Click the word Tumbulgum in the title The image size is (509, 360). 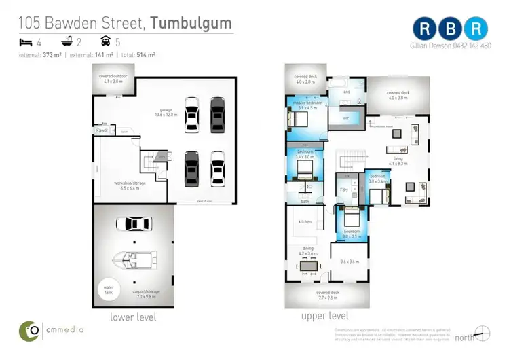[x=191, y=22]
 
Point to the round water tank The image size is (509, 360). [x=107, y=289]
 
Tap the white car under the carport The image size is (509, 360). [x=134, y=224]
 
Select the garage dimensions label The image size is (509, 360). [x=166, y=114]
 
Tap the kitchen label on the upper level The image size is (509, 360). [x=305, y=221]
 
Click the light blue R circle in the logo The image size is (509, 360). [x=478, y=29]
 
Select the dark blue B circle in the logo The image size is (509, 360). [x=451, y=29]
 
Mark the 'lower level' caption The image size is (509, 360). [x=133, y=317]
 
